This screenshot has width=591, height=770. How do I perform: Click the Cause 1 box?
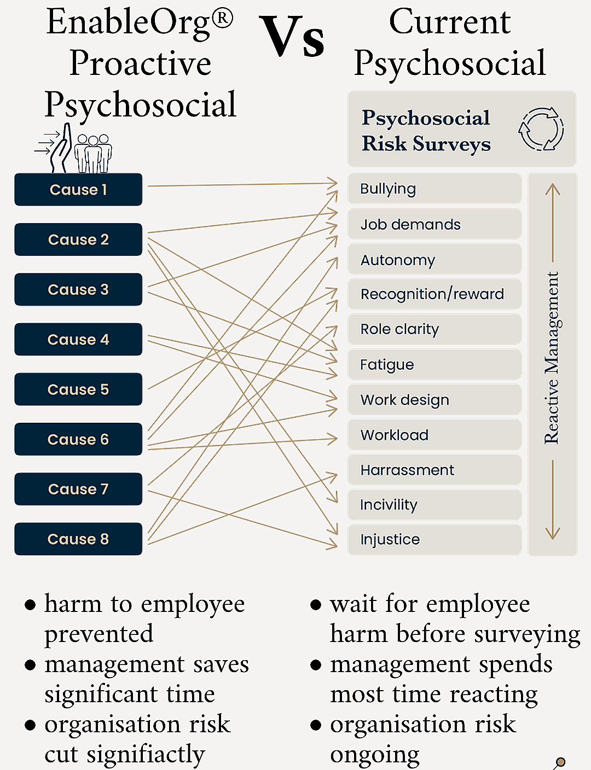pyautogui.click(x=78, y=189)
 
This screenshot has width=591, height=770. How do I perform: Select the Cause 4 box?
pyautogui.click(x=78, y=339)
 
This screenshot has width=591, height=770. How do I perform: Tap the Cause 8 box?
pyautogui.click(x=78, y=539)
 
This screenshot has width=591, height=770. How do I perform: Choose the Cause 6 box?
pyautogui.click(x=78, y=439)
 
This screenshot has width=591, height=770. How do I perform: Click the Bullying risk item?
pyautogui.click(x=434, y=189)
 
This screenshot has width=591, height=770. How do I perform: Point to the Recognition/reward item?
pyautogui.click(x=434, y=294)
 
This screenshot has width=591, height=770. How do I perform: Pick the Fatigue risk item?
pyautogui.click(x=434, y=365)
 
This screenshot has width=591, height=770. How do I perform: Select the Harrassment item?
pyautogui.click(x=434, y=470)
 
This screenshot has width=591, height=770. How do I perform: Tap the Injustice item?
pyautogui.click(x=434, y=539)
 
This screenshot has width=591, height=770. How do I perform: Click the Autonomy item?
pyautogui.click(x=434, y=260)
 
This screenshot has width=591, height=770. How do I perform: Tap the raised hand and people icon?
pyautogui.click(x=73, y=148)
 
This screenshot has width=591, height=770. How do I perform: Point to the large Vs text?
pyautogui.click(x=292, y=36)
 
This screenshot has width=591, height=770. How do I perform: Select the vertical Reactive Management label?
pyautogui.click(x=552, y=358)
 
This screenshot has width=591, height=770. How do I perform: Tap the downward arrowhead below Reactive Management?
pyautogui.click(x=553, y=534)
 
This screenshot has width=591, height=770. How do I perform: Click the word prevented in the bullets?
pyautogui.click(x=99, y=634)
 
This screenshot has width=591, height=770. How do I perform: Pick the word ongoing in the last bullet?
pyautogui.click(x=375, y=755)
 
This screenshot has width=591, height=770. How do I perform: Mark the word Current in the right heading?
pyautogui.click(x=450, y=22)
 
